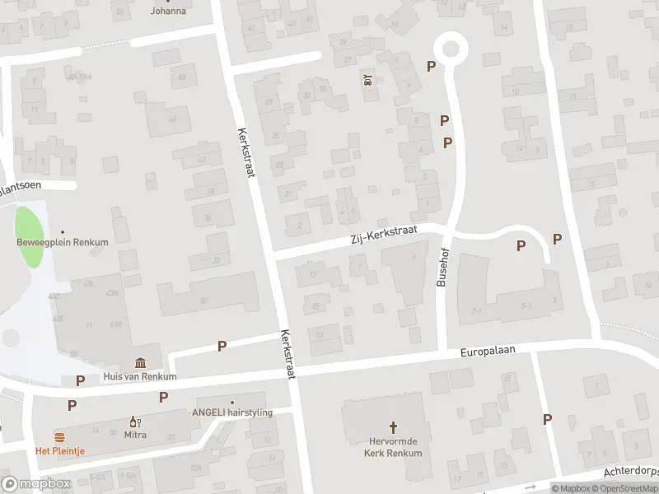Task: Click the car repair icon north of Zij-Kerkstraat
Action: (x=367, y=80)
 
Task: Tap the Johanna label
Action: (x=167, y=11)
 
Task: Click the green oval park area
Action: (x=30, y=237)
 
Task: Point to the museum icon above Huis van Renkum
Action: (x=141, y=363)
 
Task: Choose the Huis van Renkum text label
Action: (x=140, y=377)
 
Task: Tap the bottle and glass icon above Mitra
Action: (x=133, y=421)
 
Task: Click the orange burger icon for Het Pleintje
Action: (x=58, y=436)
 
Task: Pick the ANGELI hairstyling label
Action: (x=231, y=412)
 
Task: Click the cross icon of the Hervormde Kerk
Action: (x=393, y=427)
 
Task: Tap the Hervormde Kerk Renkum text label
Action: (x=393, y=447)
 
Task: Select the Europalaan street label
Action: (x=487, y=352)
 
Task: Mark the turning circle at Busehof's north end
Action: (x=450, y=48)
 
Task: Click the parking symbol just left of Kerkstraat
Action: (x=222, y=347)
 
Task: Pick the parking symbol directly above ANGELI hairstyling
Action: (x=164, y=397)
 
